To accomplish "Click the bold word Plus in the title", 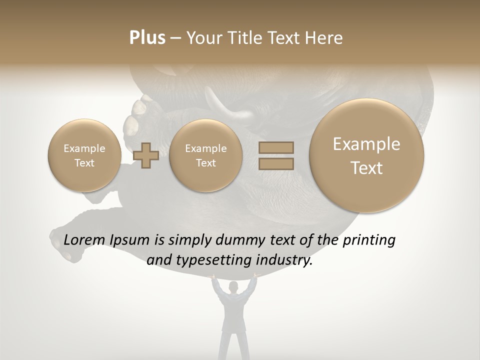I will [147, 38].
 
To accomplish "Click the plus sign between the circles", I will [146, 155].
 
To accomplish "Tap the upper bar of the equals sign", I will [276, 147].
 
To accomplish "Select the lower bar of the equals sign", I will [276, 163].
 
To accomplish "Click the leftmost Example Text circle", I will [84, 155].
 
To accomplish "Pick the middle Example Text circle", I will [205, 155].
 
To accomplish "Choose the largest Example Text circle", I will [366, 155].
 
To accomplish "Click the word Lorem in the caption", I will [84, 240].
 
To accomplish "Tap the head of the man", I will [233, 287].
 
